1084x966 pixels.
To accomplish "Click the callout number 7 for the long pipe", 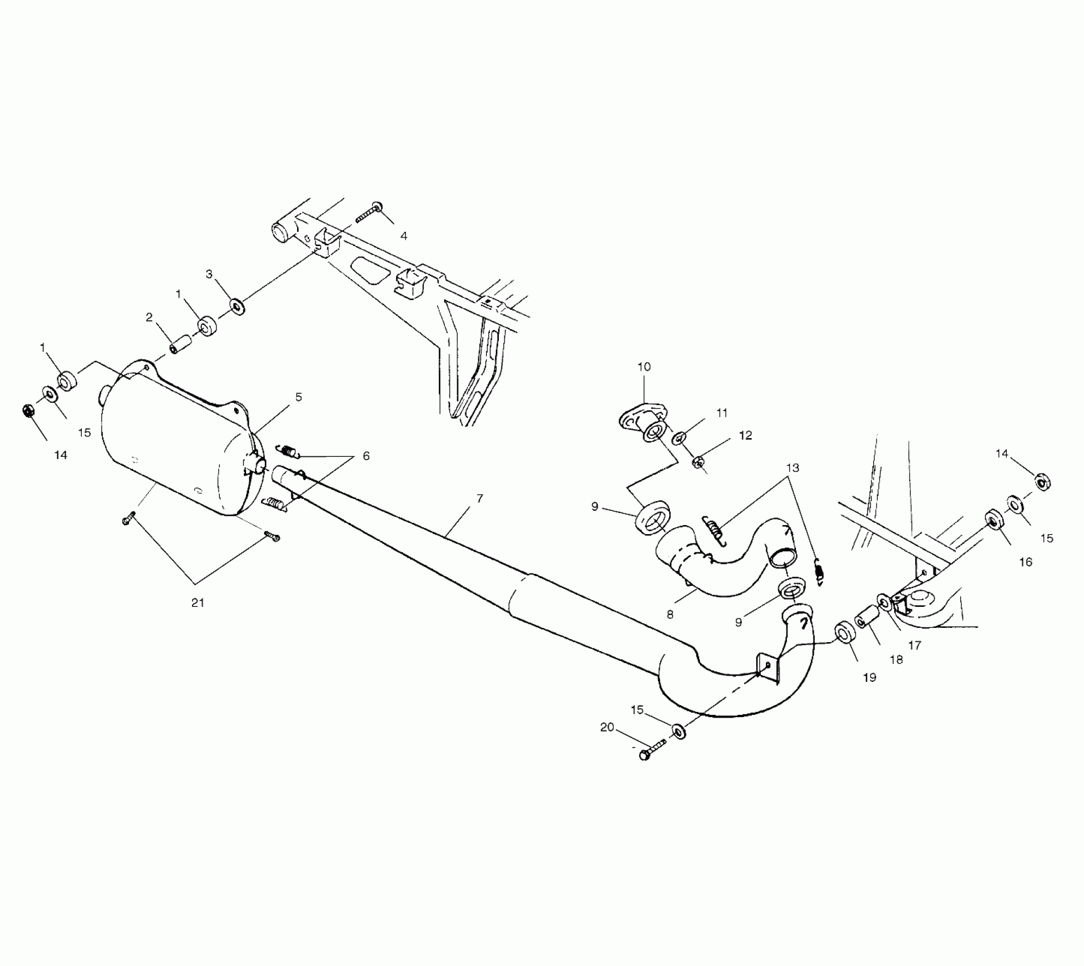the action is click(480, 498).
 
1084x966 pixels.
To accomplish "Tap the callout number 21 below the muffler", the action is click(197, 602).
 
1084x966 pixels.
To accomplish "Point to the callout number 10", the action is click(644, 367).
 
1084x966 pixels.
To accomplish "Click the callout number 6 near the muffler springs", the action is click(366, 456).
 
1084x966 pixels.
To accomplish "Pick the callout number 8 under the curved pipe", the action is click(670, 614).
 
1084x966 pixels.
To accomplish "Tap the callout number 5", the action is click(298, 397).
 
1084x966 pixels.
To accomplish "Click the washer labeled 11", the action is click(679, 438).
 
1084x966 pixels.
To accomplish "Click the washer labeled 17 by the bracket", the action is click(884, 601).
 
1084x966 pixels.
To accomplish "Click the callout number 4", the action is click(403, 235).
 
